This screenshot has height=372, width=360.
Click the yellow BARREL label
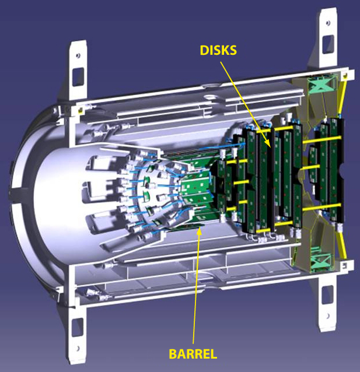tap(193, 353)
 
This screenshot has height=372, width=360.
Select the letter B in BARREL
tap(173, 353)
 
